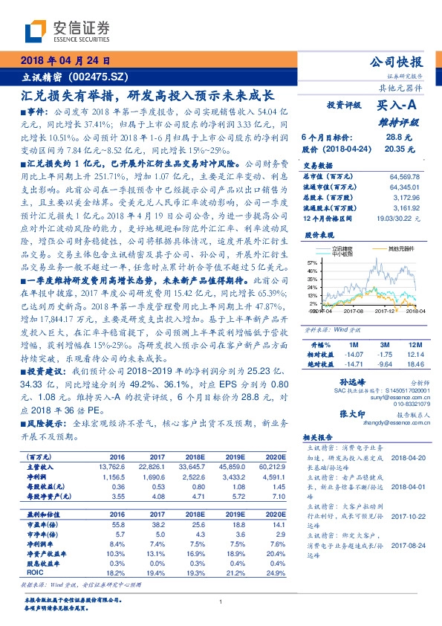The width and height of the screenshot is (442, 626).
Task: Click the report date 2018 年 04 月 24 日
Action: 65,61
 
